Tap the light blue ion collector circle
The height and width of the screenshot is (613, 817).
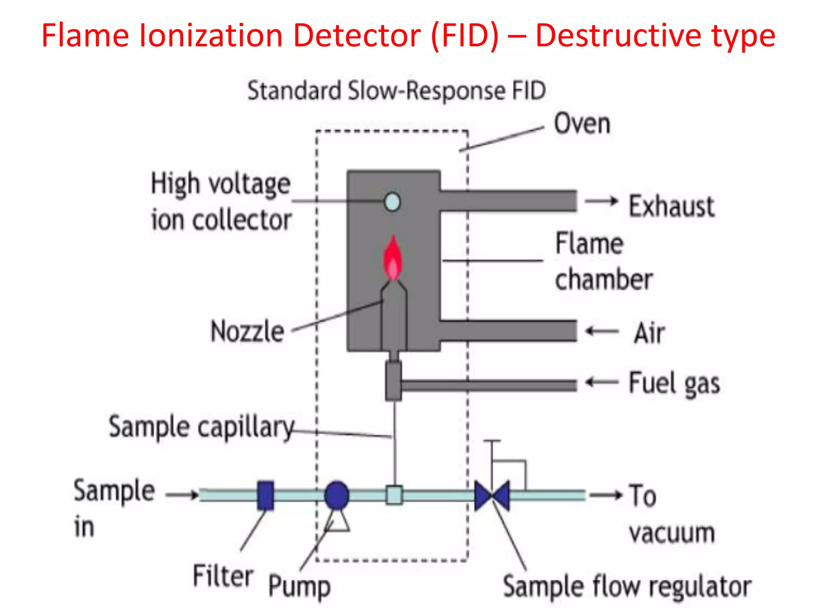tap(392, 202)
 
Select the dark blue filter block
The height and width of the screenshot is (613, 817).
tap(266, 495)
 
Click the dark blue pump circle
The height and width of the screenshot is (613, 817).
tap(337, 495)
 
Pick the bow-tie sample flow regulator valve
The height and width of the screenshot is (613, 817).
tap(492, 496)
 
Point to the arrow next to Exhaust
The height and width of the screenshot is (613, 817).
tap(601, 201)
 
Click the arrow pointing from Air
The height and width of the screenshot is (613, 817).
tap(602, 331)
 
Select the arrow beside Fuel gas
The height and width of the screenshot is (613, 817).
tap(602, 382)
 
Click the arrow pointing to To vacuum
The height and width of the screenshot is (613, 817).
tap(606, 495)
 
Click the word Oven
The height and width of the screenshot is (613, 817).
tap(582, 124)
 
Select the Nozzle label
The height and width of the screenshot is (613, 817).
tap(247, 331)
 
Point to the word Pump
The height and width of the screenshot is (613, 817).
tap(299, 586)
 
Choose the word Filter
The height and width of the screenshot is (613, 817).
tap(223, 576)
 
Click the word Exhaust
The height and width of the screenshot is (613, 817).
tap(672, 206)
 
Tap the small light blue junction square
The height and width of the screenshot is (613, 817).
tap(394, 495)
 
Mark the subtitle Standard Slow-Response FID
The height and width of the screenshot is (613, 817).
tap(397, 91)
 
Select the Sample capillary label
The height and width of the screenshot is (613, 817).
tap(201, 427)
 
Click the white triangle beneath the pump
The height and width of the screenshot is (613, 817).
tap(337, 522)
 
